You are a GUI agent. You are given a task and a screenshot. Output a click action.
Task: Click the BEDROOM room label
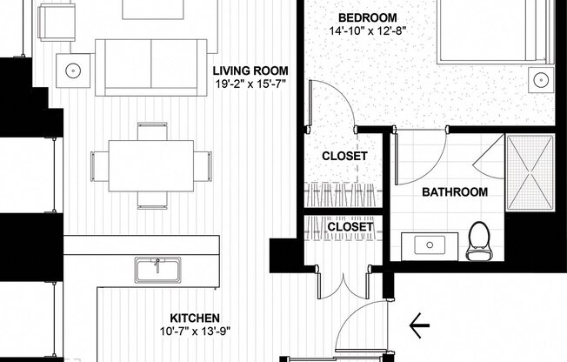coord(367,17)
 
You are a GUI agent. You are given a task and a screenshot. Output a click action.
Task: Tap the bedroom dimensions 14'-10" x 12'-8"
coord(368,30)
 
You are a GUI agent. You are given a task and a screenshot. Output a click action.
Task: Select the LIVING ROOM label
coord(251,70)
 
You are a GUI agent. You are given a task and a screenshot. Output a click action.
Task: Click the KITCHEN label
coord(194,318)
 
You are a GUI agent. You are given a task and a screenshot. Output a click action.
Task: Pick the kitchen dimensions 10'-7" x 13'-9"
coord(194,332)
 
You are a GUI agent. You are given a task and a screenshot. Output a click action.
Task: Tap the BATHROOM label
coord(455,192)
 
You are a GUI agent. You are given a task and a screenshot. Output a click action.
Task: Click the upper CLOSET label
coord(345,157)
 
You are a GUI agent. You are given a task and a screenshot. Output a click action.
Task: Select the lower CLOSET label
coord(350,228)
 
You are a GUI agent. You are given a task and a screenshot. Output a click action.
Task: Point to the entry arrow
coord(419,326)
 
